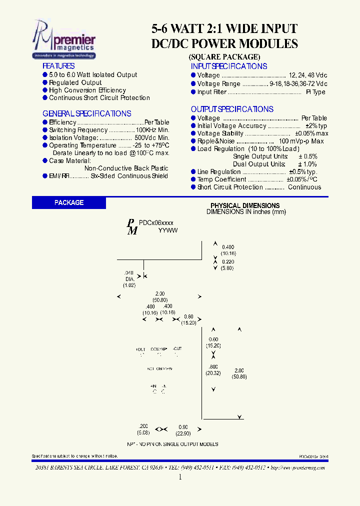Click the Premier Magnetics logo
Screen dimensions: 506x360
click(x=63, y=39)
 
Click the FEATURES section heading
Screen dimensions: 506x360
click(x=58, y=66)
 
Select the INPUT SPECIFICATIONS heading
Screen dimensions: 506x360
click(x=228, y=66)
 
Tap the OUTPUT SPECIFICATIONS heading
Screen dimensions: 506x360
click(x=232, y=109)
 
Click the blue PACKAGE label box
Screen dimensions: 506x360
click(x=69, y=202)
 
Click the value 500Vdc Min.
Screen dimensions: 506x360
click(x=152, y=137)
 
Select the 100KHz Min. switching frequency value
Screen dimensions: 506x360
click(x=152, y=130)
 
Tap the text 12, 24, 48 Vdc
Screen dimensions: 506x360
click(x=308, y=75)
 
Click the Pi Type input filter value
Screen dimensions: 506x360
click(x=315, y=92)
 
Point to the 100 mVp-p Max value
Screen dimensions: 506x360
click(x=301, y=141)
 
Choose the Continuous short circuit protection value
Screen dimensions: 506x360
click(x=304, y=187)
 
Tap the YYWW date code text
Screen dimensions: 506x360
click(x=168, y=230)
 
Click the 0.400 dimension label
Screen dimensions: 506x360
click(x=228, y=247)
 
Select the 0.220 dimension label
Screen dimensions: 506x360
click(x=228, y=261)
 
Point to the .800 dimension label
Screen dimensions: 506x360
click(x=212, y=366)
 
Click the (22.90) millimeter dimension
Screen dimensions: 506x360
click(x=183, y=433)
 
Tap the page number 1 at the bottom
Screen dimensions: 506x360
click(x=180, y=477)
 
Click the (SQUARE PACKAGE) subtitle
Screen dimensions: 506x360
click(x=224, y=56)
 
